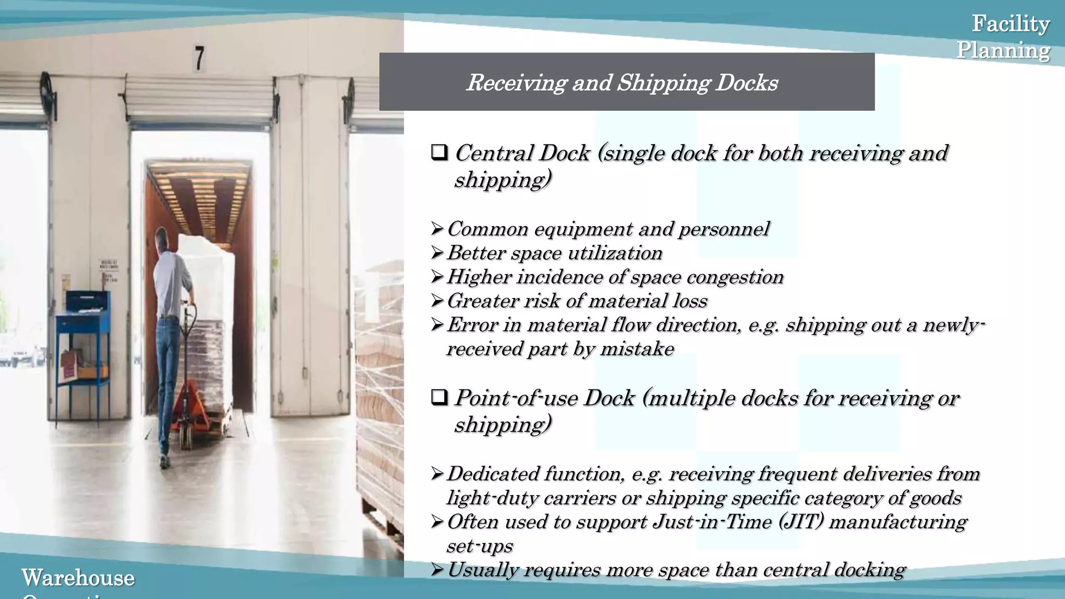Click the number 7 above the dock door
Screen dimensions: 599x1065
coord(199,58)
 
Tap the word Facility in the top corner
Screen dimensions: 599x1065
coord(1010,24)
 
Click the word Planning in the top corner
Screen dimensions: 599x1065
coord(1003,50)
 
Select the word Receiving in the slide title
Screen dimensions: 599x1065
coord(515,83)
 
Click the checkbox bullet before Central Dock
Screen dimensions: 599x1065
coord(439,153)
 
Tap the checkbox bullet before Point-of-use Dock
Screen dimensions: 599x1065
coord(439,398)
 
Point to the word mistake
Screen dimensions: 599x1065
coord(637,349)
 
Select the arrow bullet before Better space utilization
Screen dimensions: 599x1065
coord(437,253)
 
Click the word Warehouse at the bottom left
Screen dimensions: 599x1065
coord(78,578)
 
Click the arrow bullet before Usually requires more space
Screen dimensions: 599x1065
coord(437,570)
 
